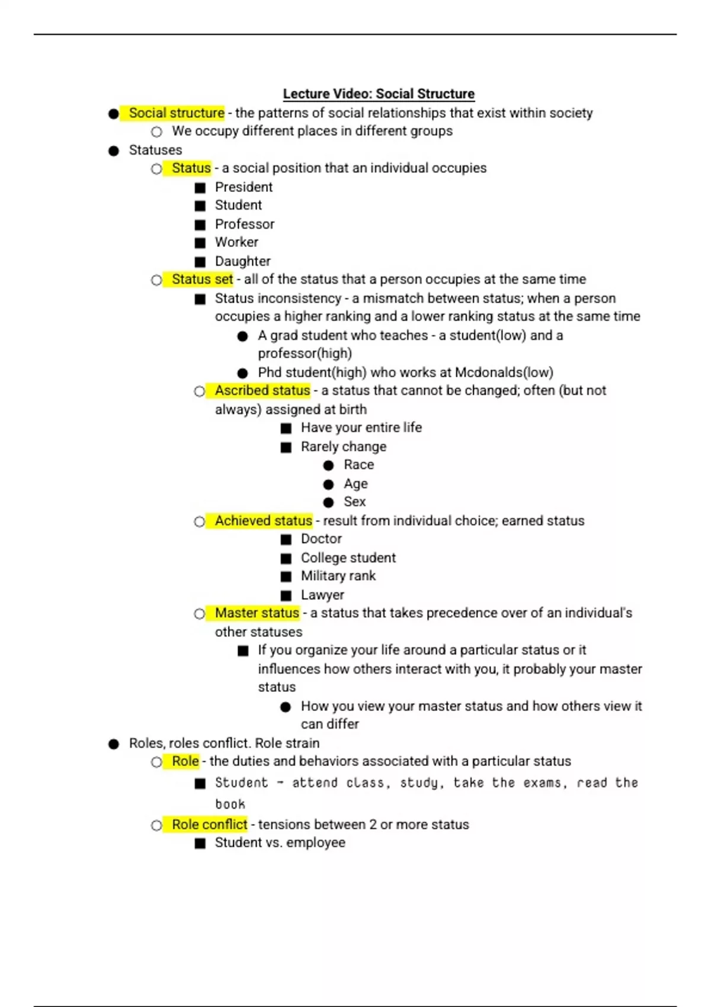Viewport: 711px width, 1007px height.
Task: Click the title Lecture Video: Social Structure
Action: tap(379, 94)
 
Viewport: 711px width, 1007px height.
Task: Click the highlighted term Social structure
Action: tap(177, 113)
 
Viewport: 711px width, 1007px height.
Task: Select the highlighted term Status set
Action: tap(202, 279)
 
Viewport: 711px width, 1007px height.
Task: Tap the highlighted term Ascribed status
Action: tap(262, 390)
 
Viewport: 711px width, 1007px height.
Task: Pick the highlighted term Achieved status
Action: tap(263, 521)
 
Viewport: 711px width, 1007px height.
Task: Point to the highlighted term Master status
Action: tap(257, 612)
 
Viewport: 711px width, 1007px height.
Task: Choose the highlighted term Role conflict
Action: tap(209, 824)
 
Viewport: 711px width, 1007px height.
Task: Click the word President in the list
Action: tap(244, 187)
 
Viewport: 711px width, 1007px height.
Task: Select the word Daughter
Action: tap(242, 261)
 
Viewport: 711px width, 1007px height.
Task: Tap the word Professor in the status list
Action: tap(245, 224)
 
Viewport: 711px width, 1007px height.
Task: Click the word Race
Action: tap(358, 464)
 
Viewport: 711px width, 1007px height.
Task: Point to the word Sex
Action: tap(354, 502)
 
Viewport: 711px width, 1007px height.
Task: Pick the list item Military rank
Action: tap(338, 576)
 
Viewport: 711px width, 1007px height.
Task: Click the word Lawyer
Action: tap(322, 595)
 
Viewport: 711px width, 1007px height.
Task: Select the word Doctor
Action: tap(321, 538)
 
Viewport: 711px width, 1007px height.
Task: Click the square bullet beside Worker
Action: tap(200, 243)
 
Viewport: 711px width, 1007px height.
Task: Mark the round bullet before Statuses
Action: tap(114, 151)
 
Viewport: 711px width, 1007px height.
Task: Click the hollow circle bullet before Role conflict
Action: tap(156, 825)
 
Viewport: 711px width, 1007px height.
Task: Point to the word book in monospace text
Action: tap(230, 804)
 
